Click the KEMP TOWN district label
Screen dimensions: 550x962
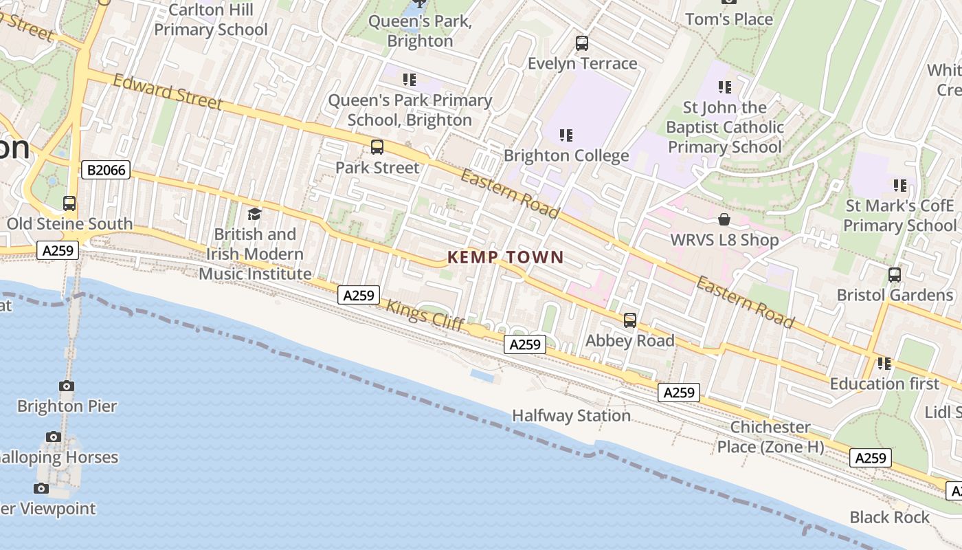point(505,258)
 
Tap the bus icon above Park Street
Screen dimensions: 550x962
point(377,146)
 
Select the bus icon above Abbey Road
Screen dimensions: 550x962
point(629,320)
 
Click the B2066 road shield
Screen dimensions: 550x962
point(106,170)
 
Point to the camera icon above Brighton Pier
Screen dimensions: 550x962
point(67,386)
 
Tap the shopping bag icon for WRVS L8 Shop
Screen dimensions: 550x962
point(724,219)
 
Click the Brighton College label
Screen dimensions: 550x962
point(566,155)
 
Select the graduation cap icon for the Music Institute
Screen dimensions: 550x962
point(254,214)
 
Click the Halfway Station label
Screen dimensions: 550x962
point(571,415)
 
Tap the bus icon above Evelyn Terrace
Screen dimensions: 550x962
point(581,43)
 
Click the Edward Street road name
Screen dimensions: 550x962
point(168,92)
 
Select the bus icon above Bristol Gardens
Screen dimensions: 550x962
point(894,274)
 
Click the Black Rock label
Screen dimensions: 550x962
point(889,517)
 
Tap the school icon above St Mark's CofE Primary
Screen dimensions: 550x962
point(899,185)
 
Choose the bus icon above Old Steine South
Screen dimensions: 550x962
point(69,203)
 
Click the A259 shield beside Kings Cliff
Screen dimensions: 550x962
point(359,296)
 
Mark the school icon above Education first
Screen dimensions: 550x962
point(884,362)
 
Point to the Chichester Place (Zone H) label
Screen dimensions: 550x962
point(770,437)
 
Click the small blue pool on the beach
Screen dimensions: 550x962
point(485,376)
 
